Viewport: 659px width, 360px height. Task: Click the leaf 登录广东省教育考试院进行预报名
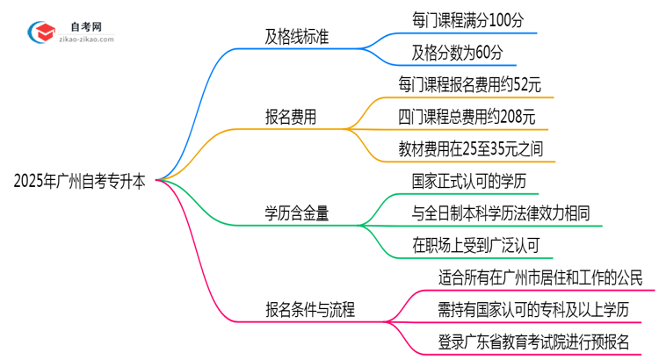(x=533, y=341)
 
